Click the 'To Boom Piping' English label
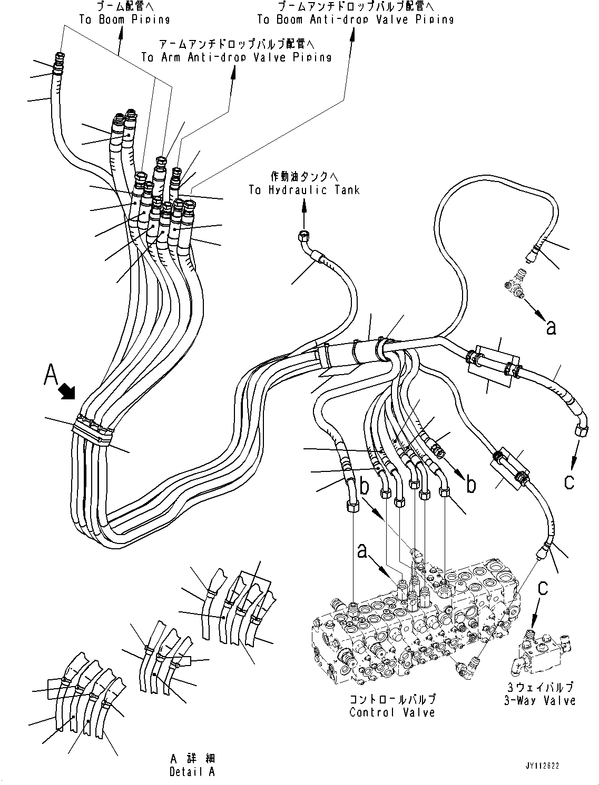[124, 19]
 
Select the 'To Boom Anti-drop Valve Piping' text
[355, 19]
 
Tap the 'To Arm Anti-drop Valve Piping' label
[237, 57]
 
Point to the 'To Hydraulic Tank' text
[304, 190]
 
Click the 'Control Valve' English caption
[392, 712]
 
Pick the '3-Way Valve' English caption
[539, 700]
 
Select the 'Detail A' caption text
[192, 772]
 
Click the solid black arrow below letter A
[67, 391]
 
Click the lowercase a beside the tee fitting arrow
[551, 327]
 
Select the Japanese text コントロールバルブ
[392, 699]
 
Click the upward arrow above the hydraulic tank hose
[304, 209]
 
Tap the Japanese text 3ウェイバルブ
[539, 687]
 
